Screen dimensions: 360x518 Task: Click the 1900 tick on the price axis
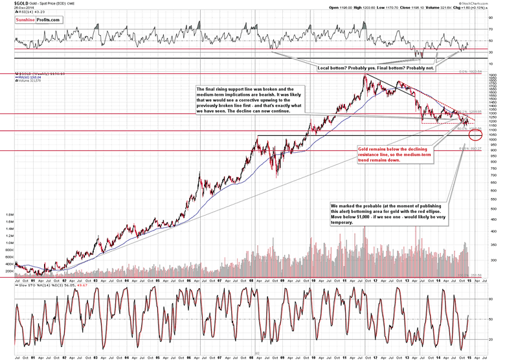pyautogui.click(x=493, y=76)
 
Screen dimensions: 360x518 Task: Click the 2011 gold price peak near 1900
pyautogui.click(x=365, y=76)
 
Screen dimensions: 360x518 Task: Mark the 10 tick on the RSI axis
pyautogui.click(x=491, y=63)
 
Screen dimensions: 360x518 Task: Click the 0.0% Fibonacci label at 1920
pyautogui.click(x=469, y=72)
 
